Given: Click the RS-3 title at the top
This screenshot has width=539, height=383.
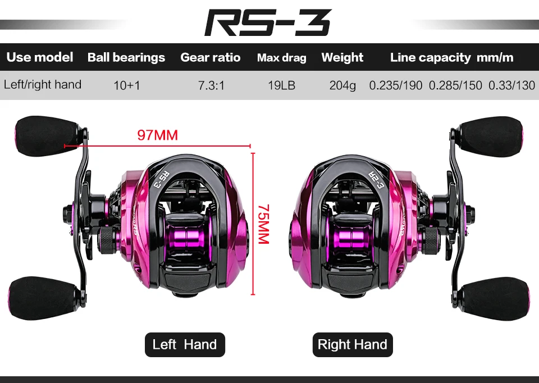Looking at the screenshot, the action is coord(268,23).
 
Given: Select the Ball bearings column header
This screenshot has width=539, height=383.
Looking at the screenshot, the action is coord(126,58).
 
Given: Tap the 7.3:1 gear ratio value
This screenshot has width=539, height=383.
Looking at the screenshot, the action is coord(211,86).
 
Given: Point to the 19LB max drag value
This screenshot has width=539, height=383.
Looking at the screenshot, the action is coord(281,86).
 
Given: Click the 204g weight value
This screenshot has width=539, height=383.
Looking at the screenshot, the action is coord(342,86).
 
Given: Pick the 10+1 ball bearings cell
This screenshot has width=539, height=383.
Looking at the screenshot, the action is coord(126,86).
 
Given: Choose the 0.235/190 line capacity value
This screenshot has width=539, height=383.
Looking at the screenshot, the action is coord(395,86).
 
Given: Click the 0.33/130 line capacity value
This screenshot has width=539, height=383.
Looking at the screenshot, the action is coord(511,86).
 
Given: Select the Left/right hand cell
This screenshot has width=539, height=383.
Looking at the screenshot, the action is coord(43,85).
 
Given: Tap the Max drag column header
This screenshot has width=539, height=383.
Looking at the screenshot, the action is coord(281,58).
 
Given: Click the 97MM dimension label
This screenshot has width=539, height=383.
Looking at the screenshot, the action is coord(157,135).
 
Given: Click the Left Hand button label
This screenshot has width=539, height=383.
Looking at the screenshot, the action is coord(184,344).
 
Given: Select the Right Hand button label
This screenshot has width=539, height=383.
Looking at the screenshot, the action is coord(353,345).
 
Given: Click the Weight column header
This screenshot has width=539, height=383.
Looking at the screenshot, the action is coord(342,58).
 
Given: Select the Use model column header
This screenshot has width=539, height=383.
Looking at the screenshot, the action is coord(40,57).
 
